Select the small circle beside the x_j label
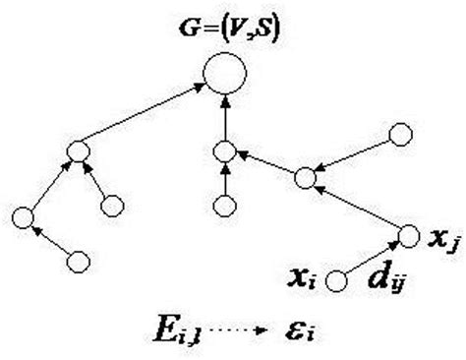(409, 236)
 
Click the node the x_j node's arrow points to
(306, 177)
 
